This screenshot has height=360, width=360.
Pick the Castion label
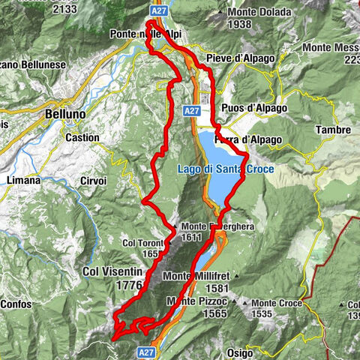[x=82, y=138]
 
